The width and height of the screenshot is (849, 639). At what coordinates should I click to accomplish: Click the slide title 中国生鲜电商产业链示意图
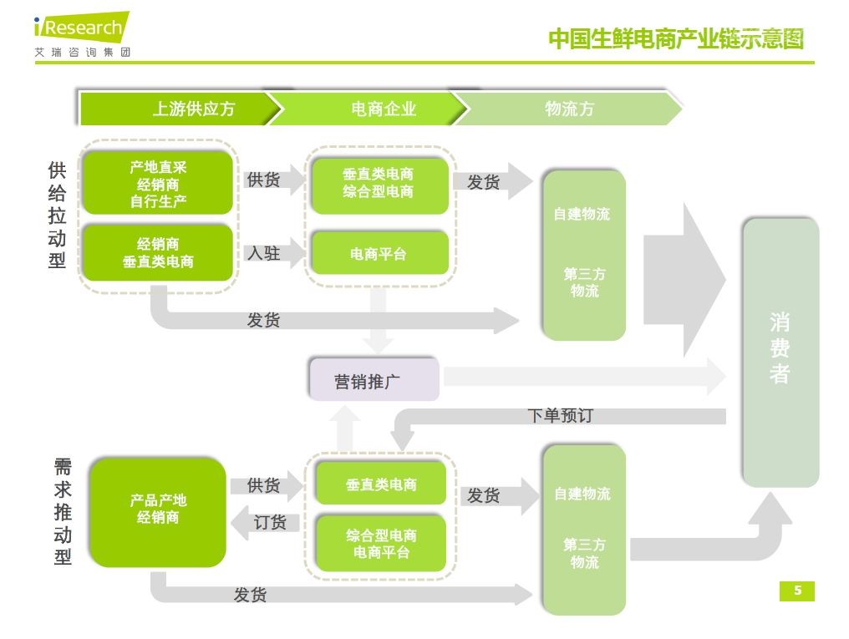coord(675,38)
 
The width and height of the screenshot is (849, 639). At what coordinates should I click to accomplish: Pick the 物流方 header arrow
coord(569,109)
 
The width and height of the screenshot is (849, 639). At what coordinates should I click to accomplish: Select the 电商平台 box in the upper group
coord(379,253)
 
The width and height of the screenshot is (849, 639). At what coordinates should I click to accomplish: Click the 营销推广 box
coord(374,381)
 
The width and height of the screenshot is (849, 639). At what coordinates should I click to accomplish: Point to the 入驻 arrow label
coord(263,253)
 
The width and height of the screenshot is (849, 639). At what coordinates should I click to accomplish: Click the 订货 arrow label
coord(270,523)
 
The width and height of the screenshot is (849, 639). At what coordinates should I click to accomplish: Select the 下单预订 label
coord(560,415)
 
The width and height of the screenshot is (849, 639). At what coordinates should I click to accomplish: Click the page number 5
coord(796,591)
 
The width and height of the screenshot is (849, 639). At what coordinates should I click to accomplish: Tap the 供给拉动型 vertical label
coord(57,216)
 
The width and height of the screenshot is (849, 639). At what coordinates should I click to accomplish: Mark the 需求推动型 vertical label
coord(63,512)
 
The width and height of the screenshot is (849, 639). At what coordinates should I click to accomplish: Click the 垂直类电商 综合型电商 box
coord(379,183)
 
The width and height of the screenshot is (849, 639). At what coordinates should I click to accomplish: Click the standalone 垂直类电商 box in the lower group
coord(380,484)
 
